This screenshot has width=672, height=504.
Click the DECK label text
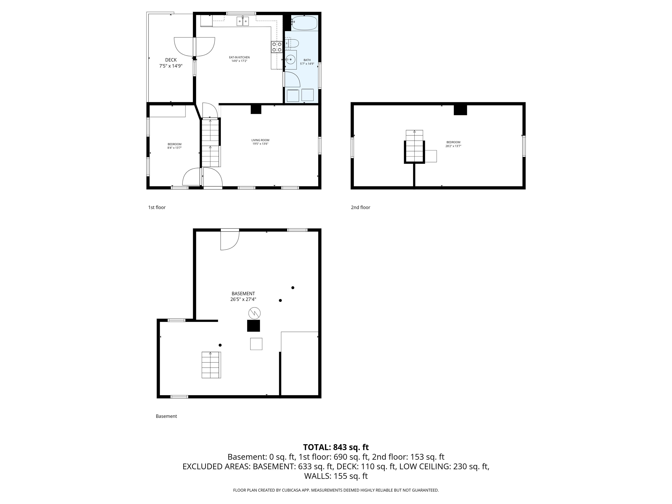[171, 60]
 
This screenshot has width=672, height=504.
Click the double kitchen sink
[243, 21]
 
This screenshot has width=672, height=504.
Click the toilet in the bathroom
[292, 43]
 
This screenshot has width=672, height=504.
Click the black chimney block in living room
[256, 109]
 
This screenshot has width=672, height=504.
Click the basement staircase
[211, 365]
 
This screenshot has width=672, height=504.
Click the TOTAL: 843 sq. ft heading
[336, 447]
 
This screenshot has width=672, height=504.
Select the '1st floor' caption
[157, 208]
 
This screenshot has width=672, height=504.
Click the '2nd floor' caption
[360, 208]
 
